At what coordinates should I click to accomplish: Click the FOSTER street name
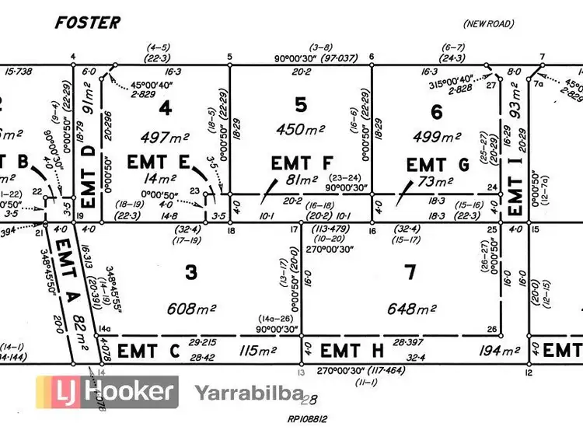[87, 23]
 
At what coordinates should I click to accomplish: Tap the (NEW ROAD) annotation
[487, 24]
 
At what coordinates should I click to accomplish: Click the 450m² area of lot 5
[301, 130]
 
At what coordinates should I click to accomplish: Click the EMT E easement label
[159, 163]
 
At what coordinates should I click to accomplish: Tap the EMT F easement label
[302, 163]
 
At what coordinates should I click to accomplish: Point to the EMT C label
[148, 351]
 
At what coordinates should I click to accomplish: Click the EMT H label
[351, 351]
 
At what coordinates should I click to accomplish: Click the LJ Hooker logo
[108, 392]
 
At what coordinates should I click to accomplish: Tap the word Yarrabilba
[247, 393]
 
